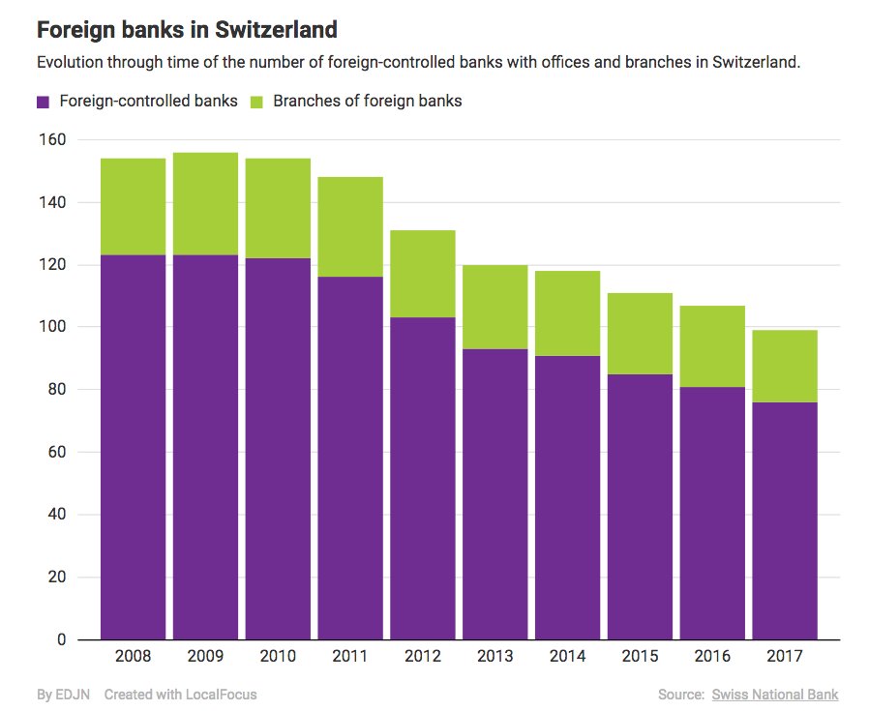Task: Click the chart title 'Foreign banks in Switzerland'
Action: tap(187, 30)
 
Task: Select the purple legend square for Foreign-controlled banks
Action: tap(43, 102)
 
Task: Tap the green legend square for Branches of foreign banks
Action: tap(256, 102)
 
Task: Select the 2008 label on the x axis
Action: tap(133, 656)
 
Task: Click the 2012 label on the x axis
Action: tap(422, 656)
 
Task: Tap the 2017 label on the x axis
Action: tap(785, 656)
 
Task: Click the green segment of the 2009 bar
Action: tap(205, 204)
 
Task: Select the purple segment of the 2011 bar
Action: tap(350, 455)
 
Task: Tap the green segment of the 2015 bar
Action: tap(640, 333)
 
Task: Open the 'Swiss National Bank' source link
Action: tap(774, 695)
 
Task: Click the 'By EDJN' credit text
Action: tap(63, 695)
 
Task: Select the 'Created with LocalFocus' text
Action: tap(180, 695)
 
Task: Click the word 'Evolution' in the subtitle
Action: tap(72, 63)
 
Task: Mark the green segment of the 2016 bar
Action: tap(712, 346)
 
